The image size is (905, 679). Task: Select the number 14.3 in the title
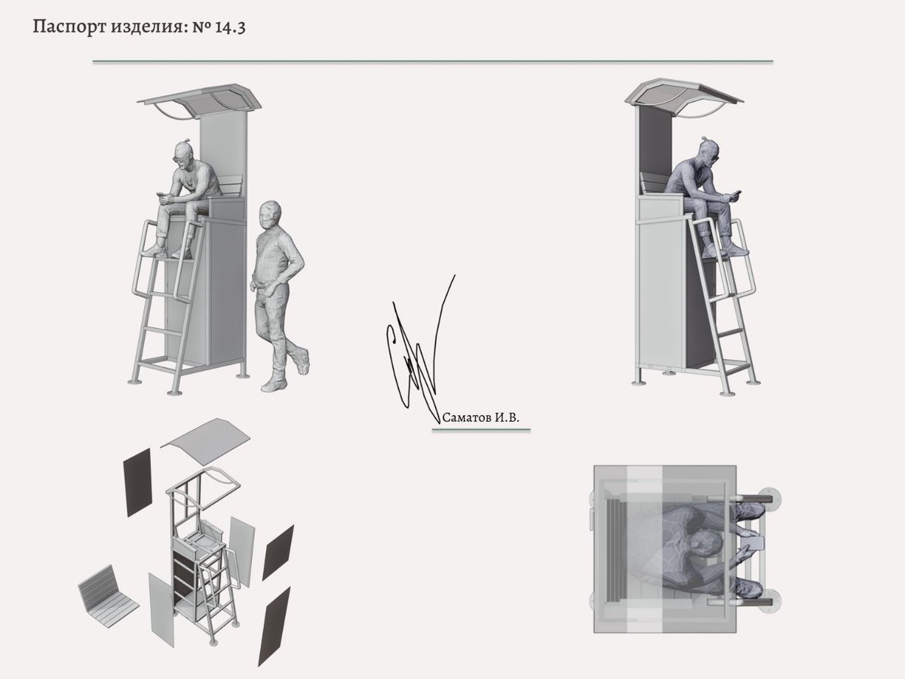(231, 27)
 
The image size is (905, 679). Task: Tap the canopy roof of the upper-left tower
(200, 100)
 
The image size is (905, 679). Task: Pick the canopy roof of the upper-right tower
(685, 96)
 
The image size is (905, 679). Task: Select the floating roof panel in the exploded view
(205, 437)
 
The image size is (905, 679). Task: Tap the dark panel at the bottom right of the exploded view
(274, 626)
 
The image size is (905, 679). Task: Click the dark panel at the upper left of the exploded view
(138, 482)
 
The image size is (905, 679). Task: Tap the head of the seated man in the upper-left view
(184, 154)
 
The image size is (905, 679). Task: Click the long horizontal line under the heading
(433, 61)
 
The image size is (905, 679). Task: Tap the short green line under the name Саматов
(481, 429)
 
